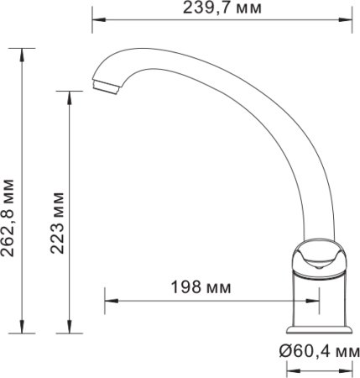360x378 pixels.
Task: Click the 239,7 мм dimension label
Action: point(221,9)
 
